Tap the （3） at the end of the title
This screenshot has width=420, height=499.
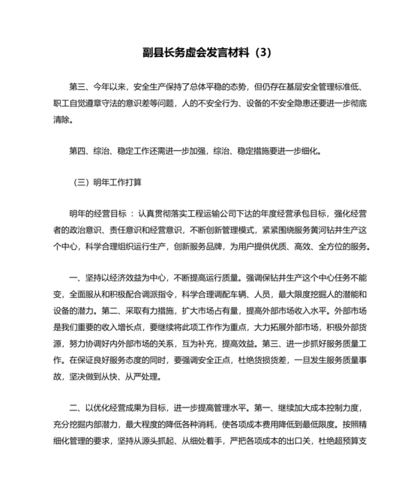[x=265, y=53]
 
